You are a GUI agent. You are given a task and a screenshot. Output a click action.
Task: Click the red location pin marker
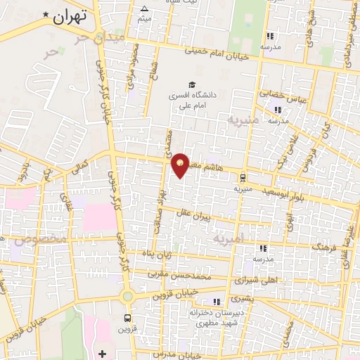181,166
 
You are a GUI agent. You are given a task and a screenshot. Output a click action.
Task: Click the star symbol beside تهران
46,14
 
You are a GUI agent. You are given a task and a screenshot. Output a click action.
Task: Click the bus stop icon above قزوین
127,317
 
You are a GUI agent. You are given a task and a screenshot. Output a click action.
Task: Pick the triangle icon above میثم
144,9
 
